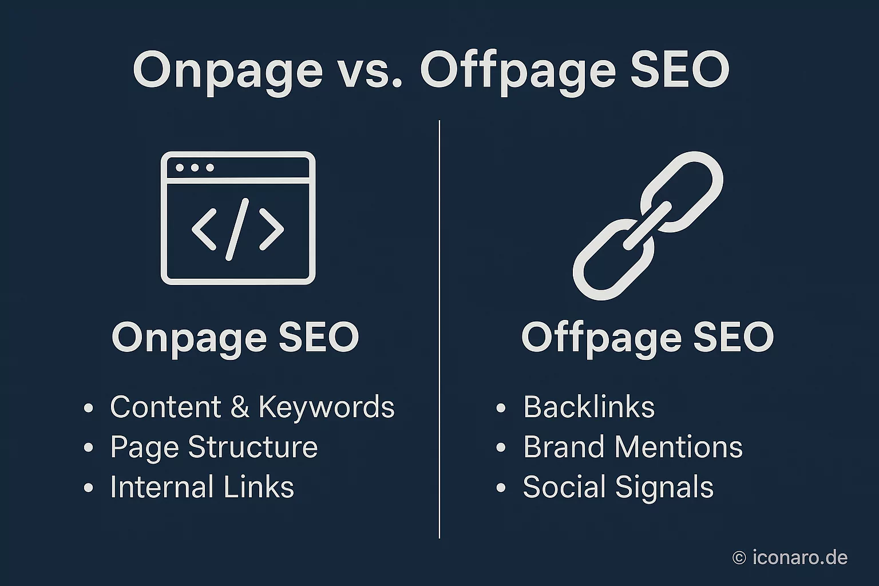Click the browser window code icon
pyautogui.click(x=238, y=218)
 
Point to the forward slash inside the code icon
pyautogui.click(x=237, y=229)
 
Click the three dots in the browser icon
pyautogui.click(x=195, y=168)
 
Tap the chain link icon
pyautogui.click(x=648, y=225)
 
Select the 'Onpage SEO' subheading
pyautogui.click(x=235, y=337)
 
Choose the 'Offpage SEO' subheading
pyautogui.click(x=647, y=337)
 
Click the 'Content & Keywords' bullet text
pyautogui.click(x=252, y=407)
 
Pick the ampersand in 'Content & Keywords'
pyautogui.click(x=240, y=407)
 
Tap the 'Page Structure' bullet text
pyautogui.click(x=213, y=448)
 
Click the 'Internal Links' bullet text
pyautogui.click(x=201, y=488)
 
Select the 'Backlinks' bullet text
pyautogui.click(x=588, y=407)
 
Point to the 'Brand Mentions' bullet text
pyautogui.click(x=632, y=448)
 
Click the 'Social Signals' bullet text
pyautogui.click(x=618, y=488)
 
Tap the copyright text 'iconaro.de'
pyautogui.click(x=799, y=557)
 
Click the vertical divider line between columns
pyautogui.click(x=439, y=329)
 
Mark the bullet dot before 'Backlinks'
pyautogui.click(x=501, y=409)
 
